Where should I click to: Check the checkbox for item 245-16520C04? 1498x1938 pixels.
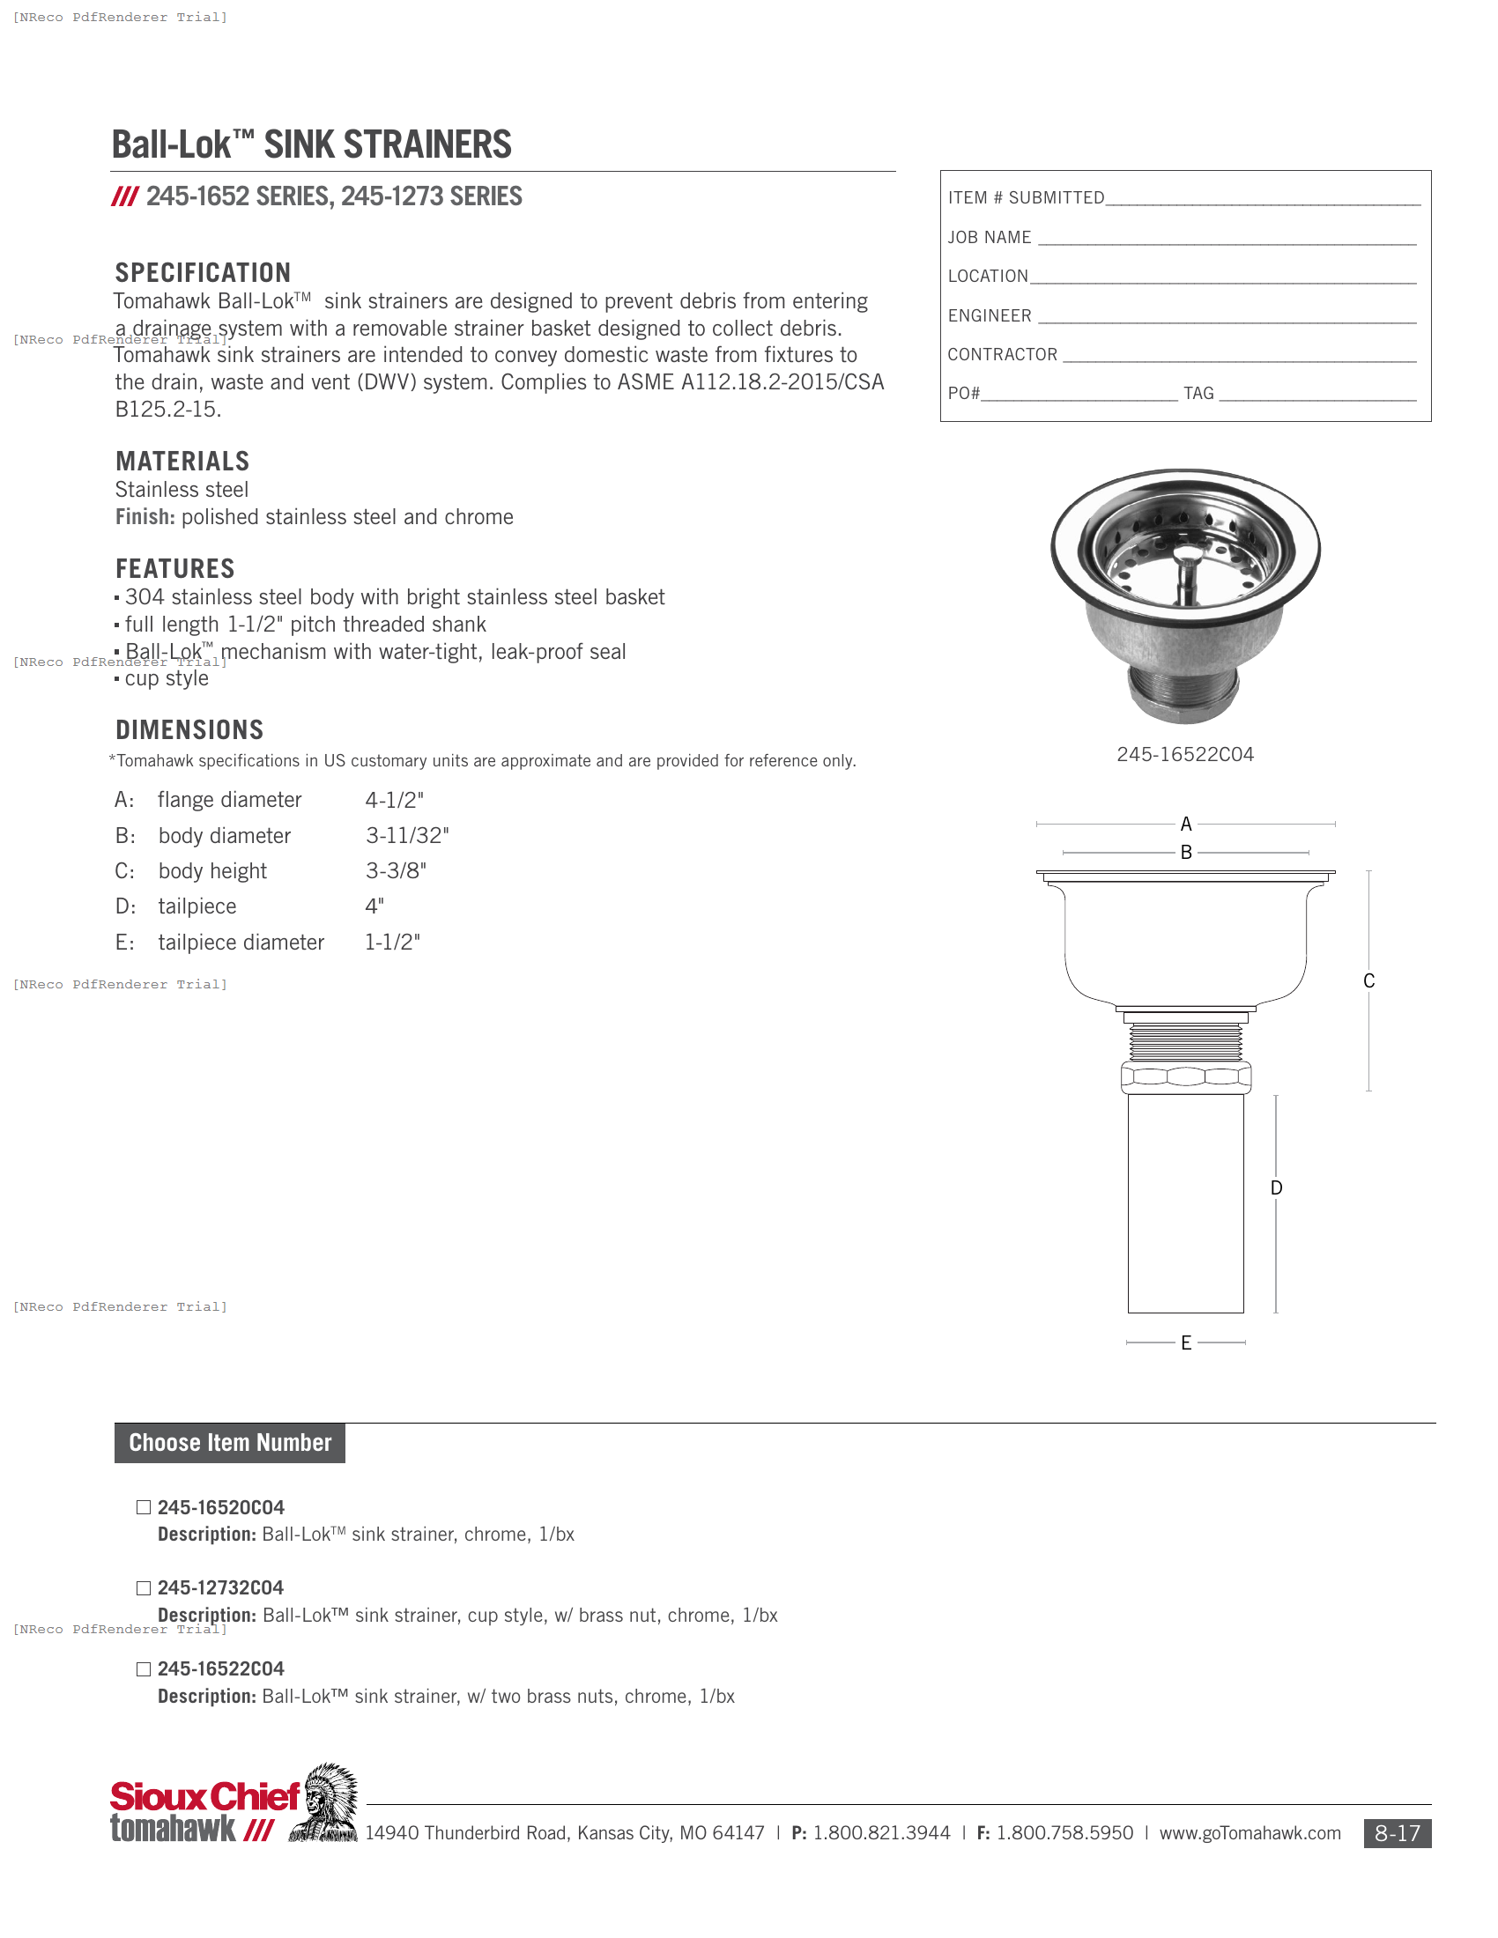coord(144,1506)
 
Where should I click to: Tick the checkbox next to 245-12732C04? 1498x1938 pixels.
coord(144,1587)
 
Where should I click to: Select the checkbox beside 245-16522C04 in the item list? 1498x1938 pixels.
coord(144,1668)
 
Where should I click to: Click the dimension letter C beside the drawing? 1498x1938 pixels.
coord(1368,980)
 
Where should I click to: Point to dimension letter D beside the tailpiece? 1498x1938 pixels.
coord(1276,1187)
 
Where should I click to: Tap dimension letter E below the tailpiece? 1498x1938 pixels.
coord(1185,1343)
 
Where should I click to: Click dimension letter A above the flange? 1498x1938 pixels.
coord(1185,824)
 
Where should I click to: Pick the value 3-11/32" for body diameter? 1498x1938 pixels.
coord(407,835)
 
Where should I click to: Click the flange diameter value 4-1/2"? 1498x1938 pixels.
coord(394,800)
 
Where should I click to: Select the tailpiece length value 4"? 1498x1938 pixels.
coord(374,906)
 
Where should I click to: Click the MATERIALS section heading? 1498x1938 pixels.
coord(182,461)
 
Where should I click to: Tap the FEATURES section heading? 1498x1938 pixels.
coord(174,568)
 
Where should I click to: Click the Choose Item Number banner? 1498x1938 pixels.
coord(230,1442)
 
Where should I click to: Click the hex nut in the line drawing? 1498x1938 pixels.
coord(1185,1076)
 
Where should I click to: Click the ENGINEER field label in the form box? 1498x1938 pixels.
coord(990,315)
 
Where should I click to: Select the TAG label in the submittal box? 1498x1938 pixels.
coord(1198,393)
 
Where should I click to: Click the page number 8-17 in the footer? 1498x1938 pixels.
coord(1397,1833)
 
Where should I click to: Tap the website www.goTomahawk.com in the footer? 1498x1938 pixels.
coord(1250,1832)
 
